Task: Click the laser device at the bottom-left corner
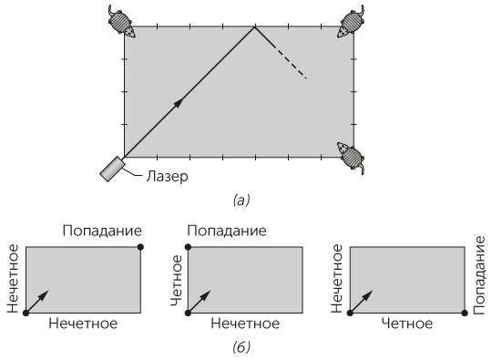click(113, 168)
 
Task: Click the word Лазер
click(166, 176)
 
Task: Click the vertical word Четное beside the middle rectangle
click(175, 281)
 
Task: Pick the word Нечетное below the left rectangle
click(83, 324)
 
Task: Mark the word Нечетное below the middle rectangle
click(245, 324)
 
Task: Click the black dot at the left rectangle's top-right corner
click(139, 247)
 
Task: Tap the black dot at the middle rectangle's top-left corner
click(189, 247)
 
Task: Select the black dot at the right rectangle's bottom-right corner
click(465, 313)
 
